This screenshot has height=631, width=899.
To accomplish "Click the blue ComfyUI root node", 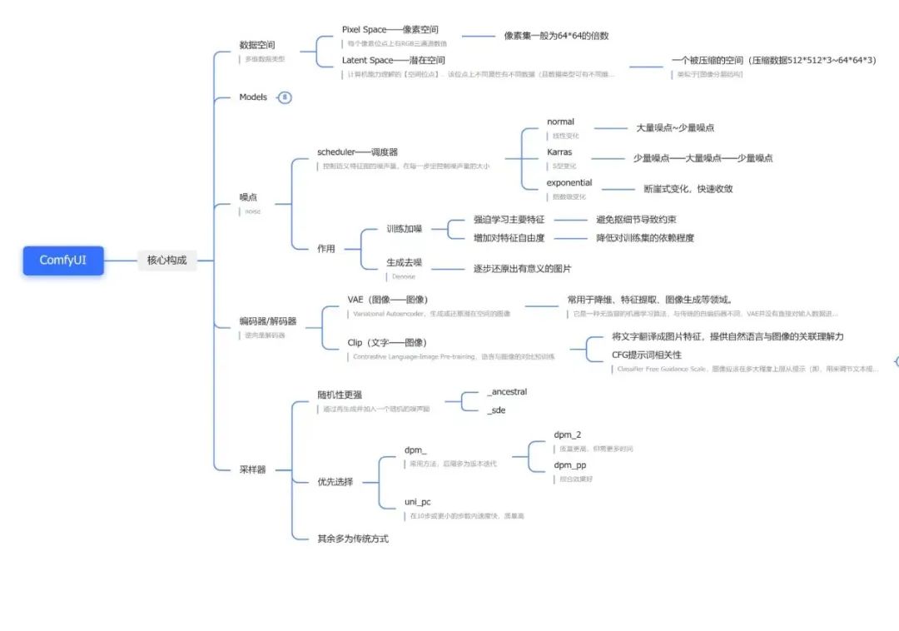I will tap(62, 260).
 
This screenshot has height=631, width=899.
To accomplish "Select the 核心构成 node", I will tap(166, 260).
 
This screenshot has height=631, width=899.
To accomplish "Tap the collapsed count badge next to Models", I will tap(285, 97).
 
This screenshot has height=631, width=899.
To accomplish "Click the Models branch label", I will tap(253, 97).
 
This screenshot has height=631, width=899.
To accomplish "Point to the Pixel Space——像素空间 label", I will tap(390, 30).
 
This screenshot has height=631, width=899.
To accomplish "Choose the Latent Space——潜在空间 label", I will tap(393, 61).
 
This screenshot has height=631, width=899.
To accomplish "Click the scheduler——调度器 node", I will tap(357, 152).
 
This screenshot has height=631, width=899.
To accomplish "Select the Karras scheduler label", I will tap(559, 152).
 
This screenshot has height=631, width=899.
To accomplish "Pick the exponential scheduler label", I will tap(569, 183).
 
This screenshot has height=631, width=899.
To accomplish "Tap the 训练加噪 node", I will tap(404, 228).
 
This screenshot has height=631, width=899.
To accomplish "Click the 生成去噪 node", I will tap(404, 262).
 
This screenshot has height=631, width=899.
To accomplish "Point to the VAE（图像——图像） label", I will tap(388, 300).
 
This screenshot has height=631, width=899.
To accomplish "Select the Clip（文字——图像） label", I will tap(387, 342).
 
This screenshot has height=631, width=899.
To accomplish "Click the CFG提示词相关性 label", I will tap(646, 355).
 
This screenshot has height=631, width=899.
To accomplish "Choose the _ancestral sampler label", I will tap(507, 392).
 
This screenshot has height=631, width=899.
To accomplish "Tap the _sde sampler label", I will tap(496, 410).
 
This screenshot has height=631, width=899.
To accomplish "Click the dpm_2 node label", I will tap(568, 435).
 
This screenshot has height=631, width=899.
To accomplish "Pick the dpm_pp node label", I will tap(570, 465).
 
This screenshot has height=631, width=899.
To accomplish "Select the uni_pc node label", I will tap(417, 502).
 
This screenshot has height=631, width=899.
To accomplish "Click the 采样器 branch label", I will tap(252, 470).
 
